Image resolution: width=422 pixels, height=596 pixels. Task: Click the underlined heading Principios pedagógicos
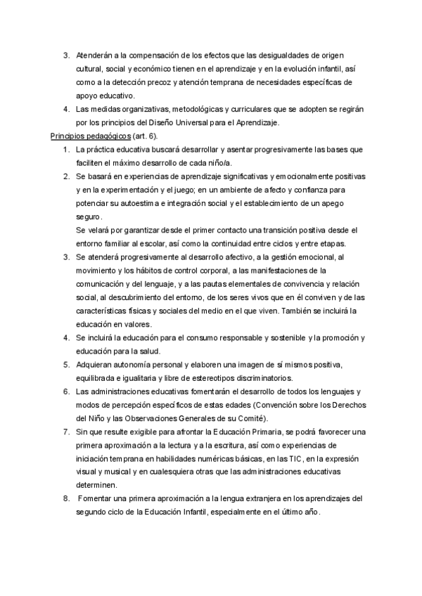click(91, 136)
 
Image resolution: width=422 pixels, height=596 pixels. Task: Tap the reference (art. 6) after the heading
click(146, 136)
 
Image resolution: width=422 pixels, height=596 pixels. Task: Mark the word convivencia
click(276, 284)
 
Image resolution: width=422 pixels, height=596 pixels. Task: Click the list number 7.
click(65, 432)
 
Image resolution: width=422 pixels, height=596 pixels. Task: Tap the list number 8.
click(65, 499)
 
